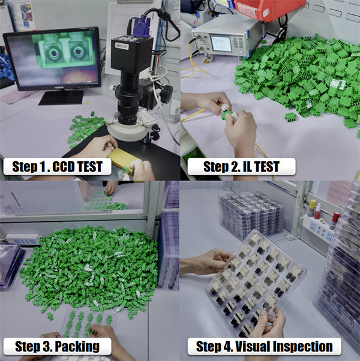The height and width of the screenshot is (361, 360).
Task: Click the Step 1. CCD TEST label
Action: [58, 167]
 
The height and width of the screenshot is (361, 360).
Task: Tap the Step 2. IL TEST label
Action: [241, 167]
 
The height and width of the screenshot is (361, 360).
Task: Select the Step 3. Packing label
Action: [58, 347]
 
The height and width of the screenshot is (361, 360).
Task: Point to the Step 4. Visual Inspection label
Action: [264, 347]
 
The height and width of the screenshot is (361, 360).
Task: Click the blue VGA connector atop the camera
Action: [142, 26]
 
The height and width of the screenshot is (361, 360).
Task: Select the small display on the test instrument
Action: [221, 44]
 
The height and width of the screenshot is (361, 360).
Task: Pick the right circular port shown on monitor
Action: [79, 52]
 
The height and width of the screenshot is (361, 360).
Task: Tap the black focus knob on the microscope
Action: [166, 94]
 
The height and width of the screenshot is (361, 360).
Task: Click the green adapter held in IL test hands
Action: [223, 115]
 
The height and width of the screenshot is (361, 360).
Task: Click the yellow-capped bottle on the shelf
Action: [311, 208]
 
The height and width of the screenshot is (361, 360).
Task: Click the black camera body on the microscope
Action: [132, 54]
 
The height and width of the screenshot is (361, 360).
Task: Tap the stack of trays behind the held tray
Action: [251, 215]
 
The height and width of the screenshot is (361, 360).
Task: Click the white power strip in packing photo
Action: [23, 239]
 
